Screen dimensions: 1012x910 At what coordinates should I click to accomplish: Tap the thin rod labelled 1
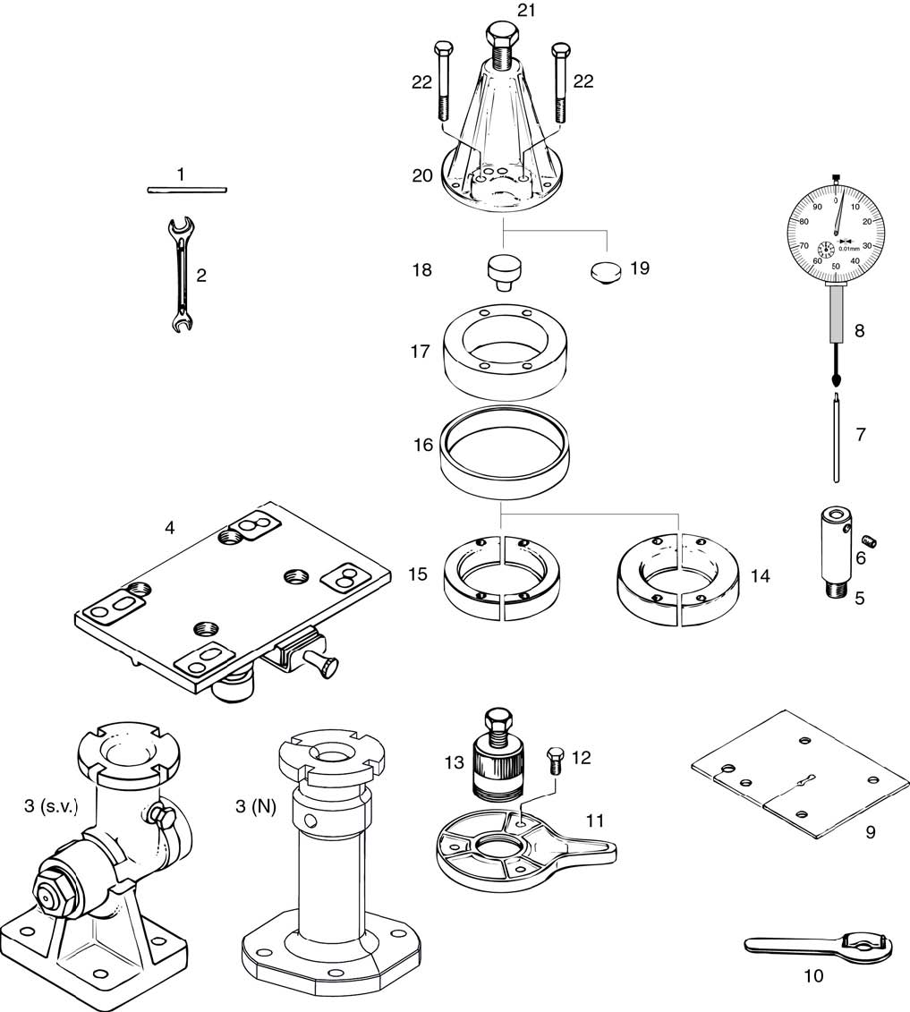[x=187, y=190]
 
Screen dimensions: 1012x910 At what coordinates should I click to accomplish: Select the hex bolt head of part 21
[x=501, y=38]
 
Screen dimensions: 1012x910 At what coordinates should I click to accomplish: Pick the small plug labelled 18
[x=503, y=270]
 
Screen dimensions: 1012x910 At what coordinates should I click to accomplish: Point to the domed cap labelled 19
[x=608, y=270]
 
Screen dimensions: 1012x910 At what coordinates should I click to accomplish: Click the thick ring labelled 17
[x=507, y=351]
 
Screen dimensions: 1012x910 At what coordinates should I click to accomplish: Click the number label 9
[x=869, y=832]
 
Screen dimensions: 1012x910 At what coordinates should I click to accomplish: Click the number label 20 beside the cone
[x=422, y=176]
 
